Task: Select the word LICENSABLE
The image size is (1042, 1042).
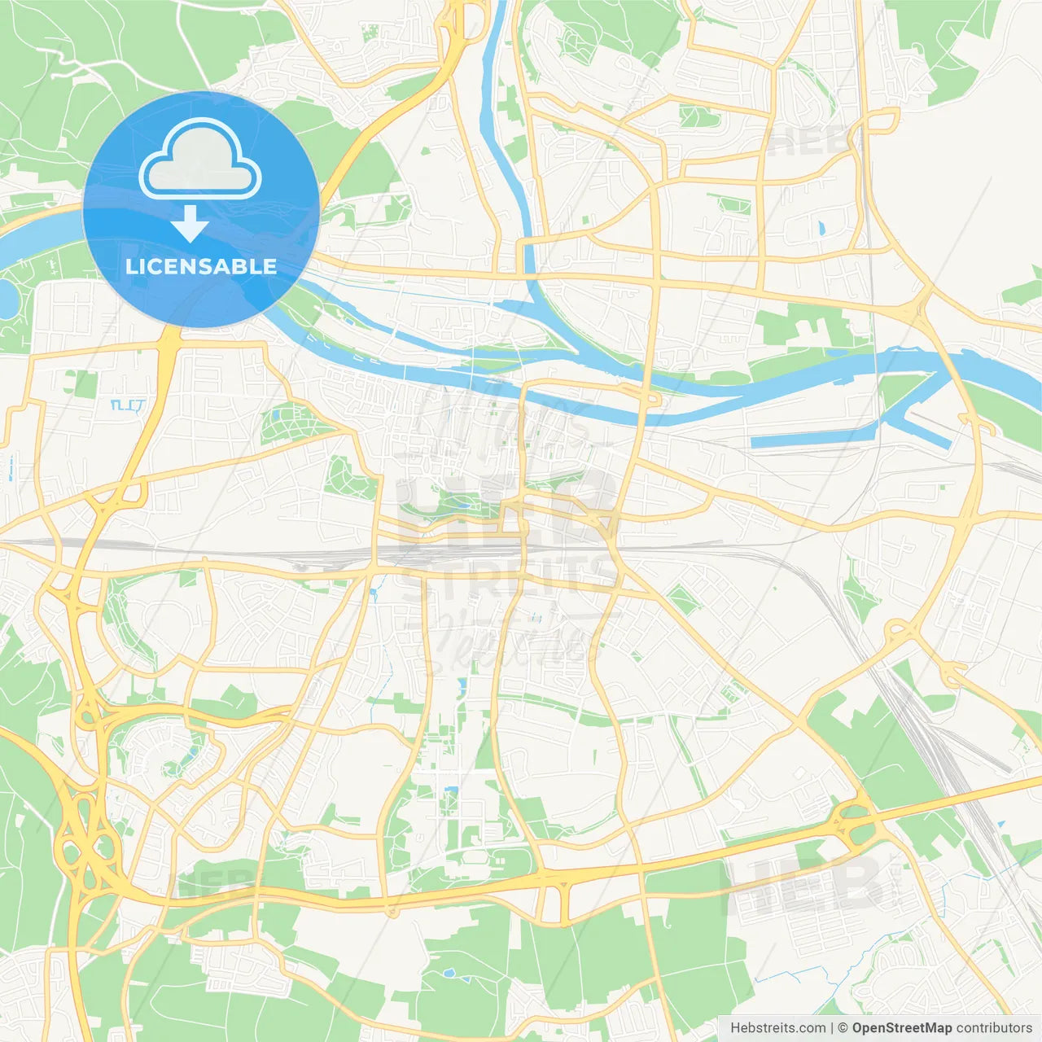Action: coord(201,266)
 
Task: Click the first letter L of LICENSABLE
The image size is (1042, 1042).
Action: coord(130,266)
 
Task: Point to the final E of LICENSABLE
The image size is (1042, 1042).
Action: coord(270,266)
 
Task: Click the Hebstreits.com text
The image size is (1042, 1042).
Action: coord(777,1028)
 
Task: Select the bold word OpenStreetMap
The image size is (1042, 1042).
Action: coord(901,1028)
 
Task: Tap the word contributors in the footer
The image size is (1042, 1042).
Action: coord(993,1028)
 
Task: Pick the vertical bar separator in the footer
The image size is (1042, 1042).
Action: coord(832,1028)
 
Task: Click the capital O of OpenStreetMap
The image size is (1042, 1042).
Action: coord(858,1028)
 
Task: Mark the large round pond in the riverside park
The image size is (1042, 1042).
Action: coord(7,300)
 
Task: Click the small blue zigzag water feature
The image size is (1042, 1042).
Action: coord(127,405)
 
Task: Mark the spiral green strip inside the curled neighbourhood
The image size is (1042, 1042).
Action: coord(174,761)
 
